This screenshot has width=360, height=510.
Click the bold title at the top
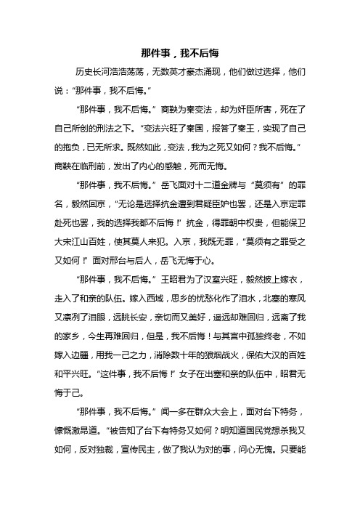[x=180, y=53]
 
